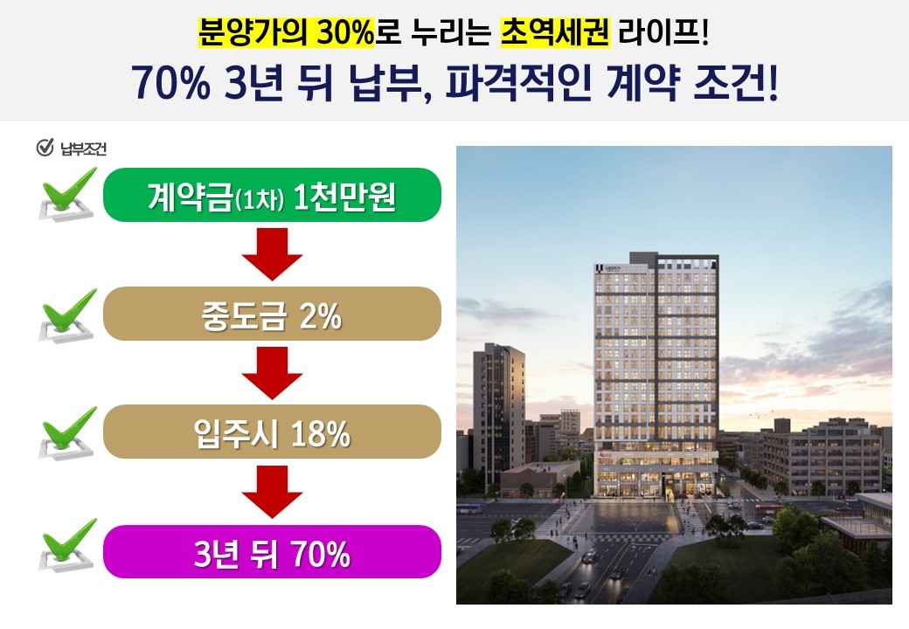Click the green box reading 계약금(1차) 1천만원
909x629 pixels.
272,195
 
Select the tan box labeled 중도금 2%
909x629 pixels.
272,314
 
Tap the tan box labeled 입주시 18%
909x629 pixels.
272,432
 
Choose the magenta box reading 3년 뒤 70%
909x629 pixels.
272,551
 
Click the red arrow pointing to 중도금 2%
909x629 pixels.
272,253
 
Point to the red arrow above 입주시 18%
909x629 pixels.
272,372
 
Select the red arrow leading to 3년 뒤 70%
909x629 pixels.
272,492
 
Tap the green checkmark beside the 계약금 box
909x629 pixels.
67,194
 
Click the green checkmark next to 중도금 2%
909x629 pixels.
67,315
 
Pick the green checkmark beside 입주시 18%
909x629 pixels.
67,433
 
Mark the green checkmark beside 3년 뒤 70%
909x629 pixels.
67,545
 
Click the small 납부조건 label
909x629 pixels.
84,149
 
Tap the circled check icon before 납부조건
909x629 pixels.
45,148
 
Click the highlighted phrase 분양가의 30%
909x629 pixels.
287,32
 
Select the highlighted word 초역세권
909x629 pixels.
555,32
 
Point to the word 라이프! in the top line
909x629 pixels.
663,32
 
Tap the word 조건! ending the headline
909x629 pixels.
735,83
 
